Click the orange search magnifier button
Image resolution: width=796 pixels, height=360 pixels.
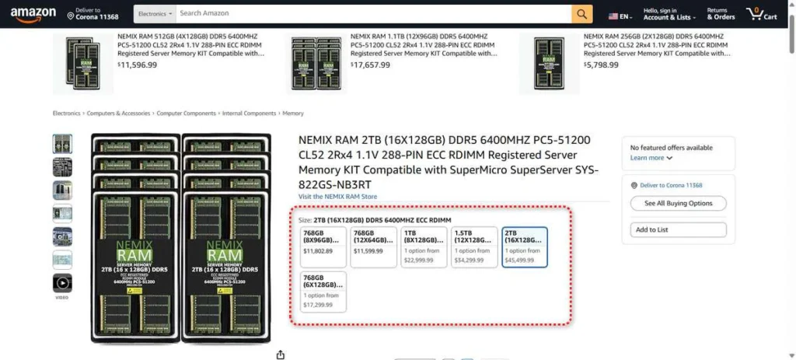pyautogui.click(x=581, y=14)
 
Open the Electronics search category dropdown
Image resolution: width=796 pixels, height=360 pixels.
pyautogui.click(x=153, y=14)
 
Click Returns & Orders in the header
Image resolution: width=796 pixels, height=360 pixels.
pyautogui.click(x=721, y=14)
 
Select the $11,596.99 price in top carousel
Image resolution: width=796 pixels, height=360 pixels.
pyautogui.click(x=137, y=65)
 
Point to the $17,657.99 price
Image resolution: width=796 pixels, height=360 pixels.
pyautogui.click(x=370, y=65)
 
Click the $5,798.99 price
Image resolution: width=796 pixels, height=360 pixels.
pyautogui.click(x=602, y=65)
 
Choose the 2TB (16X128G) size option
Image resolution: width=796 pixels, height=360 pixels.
pyautogui.click(x=525, y=247)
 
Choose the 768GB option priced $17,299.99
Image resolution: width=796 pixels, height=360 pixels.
pyautogui.click(x=324, y=291)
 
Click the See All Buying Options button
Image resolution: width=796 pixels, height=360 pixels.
pyautogui.click(x=678, y=203)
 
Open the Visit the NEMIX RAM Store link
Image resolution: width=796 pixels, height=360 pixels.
pyautogui.click(x=337, y=197)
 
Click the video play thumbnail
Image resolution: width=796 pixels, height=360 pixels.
pyautogui.click(x=62, y=283)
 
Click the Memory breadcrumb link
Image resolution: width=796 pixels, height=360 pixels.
pyautogui.click(x=293, y=114)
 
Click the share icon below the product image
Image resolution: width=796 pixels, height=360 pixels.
pyautogui.click(x=281, y=355)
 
